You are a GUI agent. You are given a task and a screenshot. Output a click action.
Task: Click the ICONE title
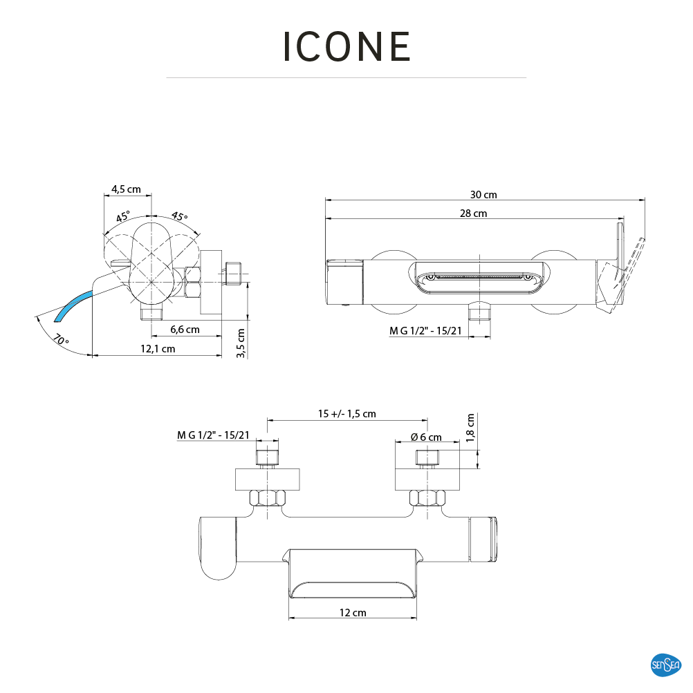347,47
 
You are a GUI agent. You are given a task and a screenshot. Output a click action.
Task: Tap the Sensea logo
666,665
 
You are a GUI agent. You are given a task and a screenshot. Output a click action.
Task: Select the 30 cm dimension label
484,195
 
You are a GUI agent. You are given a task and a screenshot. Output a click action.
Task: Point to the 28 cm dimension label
474,213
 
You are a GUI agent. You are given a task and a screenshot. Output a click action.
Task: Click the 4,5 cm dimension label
127,189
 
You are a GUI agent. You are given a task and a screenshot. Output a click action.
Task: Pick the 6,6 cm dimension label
185,330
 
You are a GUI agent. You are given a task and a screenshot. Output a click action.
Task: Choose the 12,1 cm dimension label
158,349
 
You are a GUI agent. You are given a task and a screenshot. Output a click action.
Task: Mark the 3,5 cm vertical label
241,342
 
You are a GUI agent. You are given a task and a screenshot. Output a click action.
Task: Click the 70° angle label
62,340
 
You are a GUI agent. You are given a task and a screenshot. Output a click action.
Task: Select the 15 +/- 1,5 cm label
347,414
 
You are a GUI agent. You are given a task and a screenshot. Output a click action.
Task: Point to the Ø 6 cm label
426,437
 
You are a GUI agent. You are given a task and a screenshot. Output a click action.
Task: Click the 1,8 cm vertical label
471,427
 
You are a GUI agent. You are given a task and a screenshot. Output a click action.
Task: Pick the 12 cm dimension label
353,613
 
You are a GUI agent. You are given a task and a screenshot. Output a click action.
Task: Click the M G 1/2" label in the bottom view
213,435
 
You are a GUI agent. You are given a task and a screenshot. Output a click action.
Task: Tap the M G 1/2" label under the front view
425,331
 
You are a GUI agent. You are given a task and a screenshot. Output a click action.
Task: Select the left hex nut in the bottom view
267,498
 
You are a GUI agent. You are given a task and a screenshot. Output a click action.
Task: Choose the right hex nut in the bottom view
426,498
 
